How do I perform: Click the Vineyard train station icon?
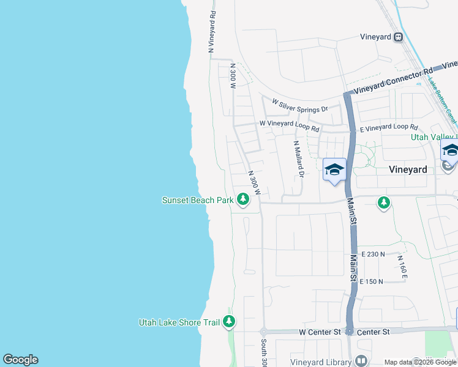399,37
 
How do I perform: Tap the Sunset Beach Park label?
197,200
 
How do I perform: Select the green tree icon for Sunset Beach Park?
243,199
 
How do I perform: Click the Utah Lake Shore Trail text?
179,322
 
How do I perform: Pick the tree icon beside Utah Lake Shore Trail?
229,321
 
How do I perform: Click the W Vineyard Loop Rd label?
289,126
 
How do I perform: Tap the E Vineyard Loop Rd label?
388,127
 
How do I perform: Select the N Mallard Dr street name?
298,158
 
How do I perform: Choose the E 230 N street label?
373,254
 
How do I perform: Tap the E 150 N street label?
371,281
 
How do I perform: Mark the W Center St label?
319,332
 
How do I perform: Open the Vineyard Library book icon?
361,360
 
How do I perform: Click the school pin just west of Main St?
334,170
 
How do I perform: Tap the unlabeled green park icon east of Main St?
384,202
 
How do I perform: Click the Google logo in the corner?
20,360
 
